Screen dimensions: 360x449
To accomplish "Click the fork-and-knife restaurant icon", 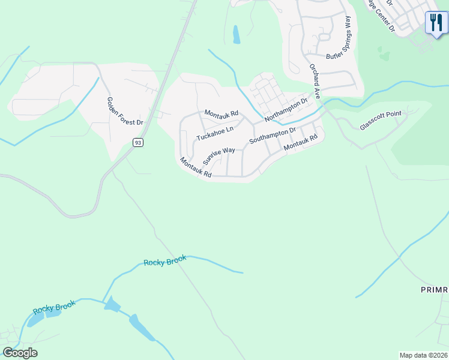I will coord(436,23).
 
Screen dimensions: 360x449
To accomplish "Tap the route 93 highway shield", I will coord(139,142).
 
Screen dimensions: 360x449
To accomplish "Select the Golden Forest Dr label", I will coord(125,111).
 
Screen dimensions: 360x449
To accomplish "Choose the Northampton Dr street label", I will coord(286,109).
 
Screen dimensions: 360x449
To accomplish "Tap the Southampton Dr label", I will coord(273,135).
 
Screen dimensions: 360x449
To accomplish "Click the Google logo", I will coord(20,353).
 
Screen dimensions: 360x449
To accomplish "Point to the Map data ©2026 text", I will coord(423,355).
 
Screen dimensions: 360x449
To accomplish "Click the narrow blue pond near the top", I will coord(237,34).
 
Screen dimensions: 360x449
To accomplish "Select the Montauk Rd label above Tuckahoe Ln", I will coord(221,113).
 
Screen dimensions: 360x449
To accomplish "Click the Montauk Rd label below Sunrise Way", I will coord(196,167).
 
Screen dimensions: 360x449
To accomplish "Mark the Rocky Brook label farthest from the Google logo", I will coord(165,261).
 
